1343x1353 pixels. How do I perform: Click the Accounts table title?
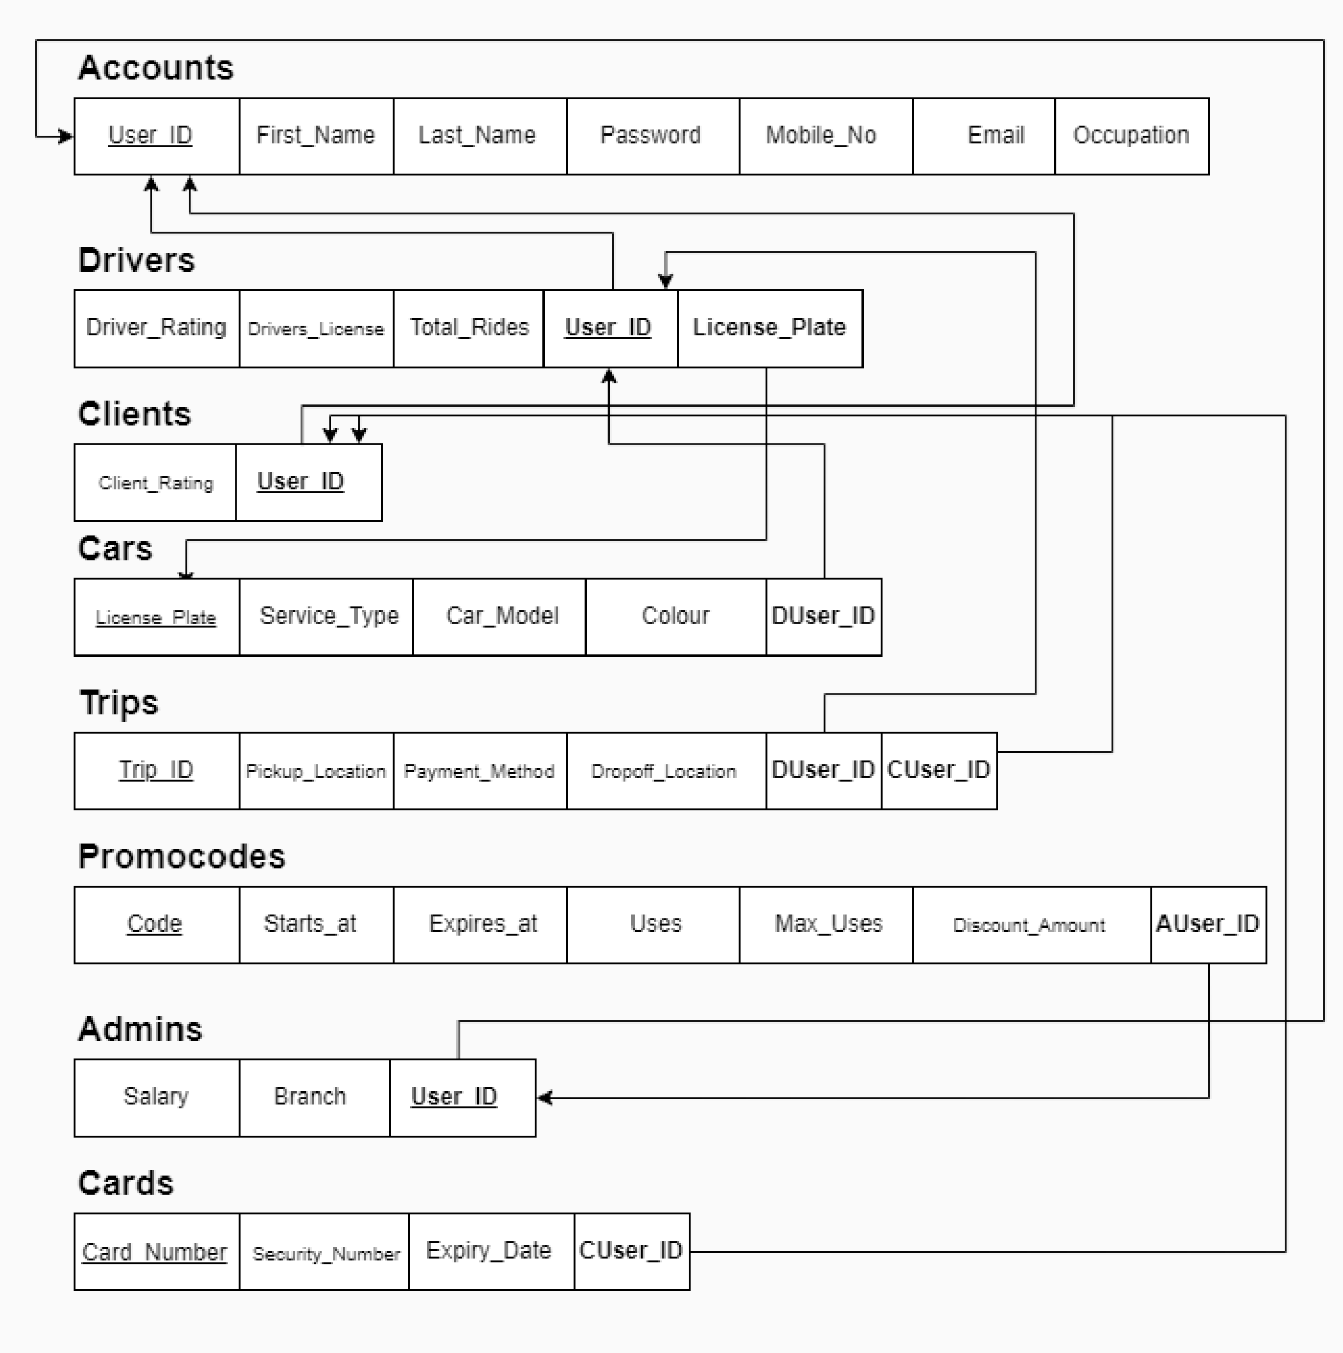(x=156, y=68)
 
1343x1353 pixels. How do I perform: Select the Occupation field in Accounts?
(x=1131, y=135)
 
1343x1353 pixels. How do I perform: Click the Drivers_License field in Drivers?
(x=316, y=329)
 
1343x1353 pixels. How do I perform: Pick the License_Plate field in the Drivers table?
(x=769, y=328)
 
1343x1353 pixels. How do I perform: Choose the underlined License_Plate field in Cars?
(x=156, y=617)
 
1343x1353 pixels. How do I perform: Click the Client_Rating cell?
(x=156, y=482)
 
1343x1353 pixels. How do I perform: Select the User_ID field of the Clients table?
(x=301, y=482)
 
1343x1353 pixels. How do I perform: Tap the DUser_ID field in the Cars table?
(x=824, y=617)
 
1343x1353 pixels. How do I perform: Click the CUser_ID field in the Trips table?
(x=938, y=770)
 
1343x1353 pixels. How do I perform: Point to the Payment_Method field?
(x=479, y=771)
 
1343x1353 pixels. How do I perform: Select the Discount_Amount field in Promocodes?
(x=1030, y=924)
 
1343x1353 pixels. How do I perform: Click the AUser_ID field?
(x=1208, y=924)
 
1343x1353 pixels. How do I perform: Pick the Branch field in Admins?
(x=310, y=1097)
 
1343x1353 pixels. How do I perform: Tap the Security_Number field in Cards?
(x=326, y=1252)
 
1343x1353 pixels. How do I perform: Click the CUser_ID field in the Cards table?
(x=631, y=1251)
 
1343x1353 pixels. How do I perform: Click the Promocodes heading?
(x=182, y=856)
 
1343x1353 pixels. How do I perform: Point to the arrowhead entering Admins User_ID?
(x=544, y=1098)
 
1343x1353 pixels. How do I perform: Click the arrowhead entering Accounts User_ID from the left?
(x=66, y=136)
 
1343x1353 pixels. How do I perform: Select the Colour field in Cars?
(x=675, y=617)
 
